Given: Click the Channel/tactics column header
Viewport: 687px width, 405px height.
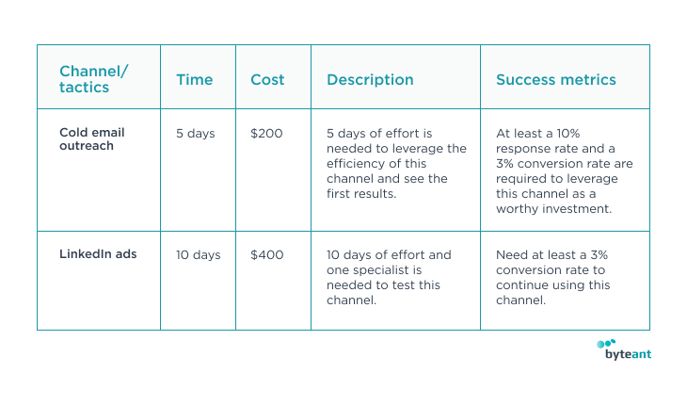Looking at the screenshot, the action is [x=94, y=79].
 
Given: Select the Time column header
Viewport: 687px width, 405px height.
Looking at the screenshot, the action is [x=195, y=80].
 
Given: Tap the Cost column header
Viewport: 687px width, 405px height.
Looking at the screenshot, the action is [x=267, y=80].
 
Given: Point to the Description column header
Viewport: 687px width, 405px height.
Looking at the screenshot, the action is [x=370, y=80].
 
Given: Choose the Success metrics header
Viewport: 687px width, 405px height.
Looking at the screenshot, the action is [x=556, y=80].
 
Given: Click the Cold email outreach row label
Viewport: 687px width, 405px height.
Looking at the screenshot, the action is [x=92, y=139].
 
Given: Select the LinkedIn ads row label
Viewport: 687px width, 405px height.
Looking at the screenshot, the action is [x=98, y=254].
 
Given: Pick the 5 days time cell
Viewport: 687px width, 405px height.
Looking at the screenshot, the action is [x=196, y=133].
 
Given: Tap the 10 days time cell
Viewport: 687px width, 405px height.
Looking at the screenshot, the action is [x=198, y=255].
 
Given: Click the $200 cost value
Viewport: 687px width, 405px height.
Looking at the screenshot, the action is [x=266, y=133].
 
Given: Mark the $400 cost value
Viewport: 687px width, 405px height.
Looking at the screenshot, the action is [x=267, y=255].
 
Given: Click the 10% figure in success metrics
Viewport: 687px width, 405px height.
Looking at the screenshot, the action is [x=568, y=133].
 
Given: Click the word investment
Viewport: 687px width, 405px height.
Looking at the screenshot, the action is [x=577, y=209].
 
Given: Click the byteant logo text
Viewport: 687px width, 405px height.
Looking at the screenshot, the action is [x=629, y=354].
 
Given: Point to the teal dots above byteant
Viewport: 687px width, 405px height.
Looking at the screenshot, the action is [x=606, y=343].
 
